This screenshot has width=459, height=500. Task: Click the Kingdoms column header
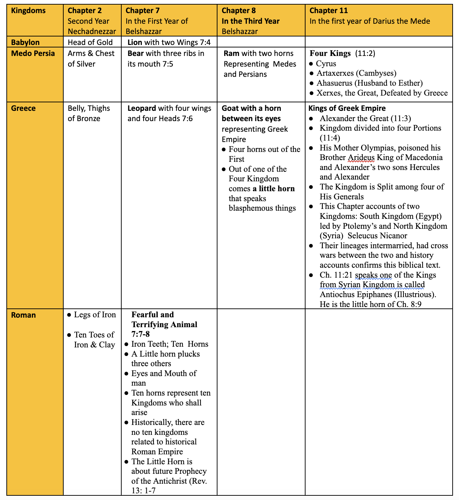pyautogui.click(x=28, y=11)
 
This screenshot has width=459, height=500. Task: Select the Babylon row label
pyautogui.click(x=25, y=42)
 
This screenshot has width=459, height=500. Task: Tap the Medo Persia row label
pyautogui.click(x=33, y=53)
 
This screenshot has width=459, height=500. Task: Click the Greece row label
pyautogui.click(x=23, y=108)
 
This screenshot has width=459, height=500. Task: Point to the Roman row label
pyautogui.click(x=23, y=315)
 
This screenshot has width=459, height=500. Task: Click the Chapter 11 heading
pyautogui.click(x=329, y=11)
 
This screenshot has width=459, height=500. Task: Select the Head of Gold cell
pyautogui.click(x=90, y=42)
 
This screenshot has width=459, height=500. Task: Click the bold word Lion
pyautogui.click(x=135, y=42)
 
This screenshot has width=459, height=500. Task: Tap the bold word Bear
pyautogui.click(x=135, y=53)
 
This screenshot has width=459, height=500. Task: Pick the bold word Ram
pyautogui.click(x=231, y=53)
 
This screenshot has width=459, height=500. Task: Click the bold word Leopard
pyautogui.click(x=142, y=108)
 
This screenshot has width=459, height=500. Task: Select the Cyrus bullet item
pyautogui.click(x=326, y=64)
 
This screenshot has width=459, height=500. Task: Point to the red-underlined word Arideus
pyautogui.click(x=361, y=158)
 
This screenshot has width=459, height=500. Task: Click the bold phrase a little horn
pyautogui.click(x=274, y=189)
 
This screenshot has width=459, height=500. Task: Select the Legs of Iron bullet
pyautogui.click(x=95, y=315)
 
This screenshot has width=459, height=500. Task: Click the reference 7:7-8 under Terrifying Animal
pyautogui.click(x=141, y=334)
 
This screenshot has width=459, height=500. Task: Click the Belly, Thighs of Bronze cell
pyautogui.click(x=89, y=113)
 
